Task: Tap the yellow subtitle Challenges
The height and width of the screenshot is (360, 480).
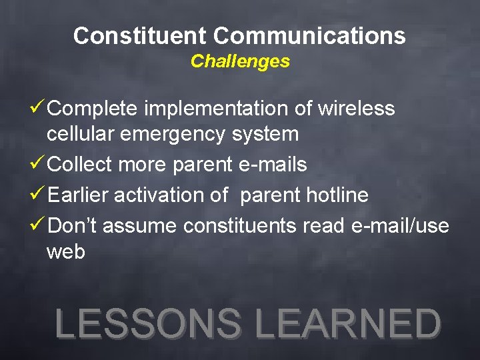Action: pyautogui.click(x=240, y=61)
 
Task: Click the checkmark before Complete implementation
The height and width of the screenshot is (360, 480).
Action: pyautogui.click(x=38, y=107)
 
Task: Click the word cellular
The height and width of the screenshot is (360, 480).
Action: pyautogui.click(x=82, y=134)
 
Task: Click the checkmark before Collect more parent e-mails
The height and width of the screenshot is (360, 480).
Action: pyautogui.click(x=38, y=164)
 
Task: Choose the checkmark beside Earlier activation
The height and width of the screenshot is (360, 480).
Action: pyautogui.click(x=38, y=195)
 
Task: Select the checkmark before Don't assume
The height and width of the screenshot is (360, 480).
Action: pyautogui.click(x=38, y=225)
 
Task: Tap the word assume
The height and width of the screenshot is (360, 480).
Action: pyautogui.click(x=140, y=227)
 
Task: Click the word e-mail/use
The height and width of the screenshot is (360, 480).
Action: pyautogui.click(x=400, y=227)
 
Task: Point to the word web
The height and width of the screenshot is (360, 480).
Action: pyautogui.click(x=65, y=253)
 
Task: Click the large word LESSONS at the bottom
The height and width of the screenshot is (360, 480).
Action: pyautogui.click(x=149, y=324)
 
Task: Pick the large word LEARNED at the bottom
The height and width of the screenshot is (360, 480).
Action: pyautogui.click(x=348, y=324)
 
